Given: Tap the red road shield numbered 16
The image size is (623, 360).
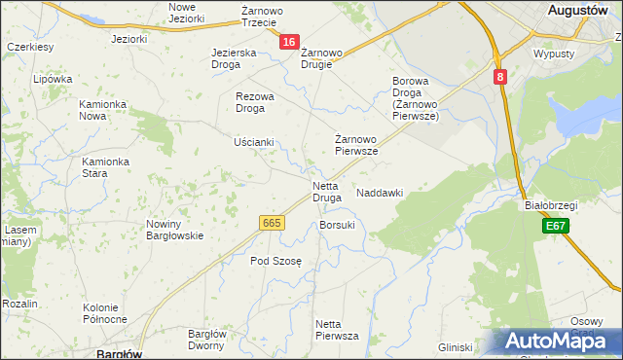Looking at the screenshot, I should [288, 42].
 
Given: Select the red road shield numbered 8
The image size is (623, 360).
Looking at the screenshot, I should [499, 77].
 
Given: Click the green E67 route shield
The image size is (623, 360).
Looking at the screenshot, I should [556, 226].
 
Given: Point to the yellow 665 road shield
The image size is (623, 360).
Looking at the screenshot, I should [272, 223].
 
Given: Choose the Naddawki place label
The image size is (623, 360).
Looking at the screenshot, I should [380, 193].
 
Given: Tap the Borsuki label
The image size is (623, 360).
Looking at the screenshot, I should [337, 225].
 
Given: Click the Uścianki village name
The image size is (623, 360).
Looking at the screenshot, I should [253, 142].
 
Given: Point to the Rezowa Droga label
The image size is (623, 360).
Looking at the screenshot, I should [256, 102].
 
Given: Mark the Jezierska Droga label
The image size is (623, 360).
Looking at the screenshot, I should [234, 58].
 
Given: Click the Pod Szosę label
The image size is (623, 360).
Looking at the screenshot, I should [276, 261].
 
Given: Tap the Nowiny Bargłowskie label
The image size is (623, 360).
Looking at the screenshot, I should [174, 230].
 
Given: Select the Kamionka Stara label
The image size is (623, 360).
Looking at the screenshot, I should [106, 167].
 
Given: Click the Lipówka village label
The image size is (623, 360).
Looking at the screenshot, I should [53, 79].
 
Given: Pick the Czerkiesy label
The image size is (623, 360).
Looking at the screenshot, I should [29, 46].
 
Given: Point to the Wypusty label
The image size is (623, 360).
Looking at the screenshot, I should [554, 54].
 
